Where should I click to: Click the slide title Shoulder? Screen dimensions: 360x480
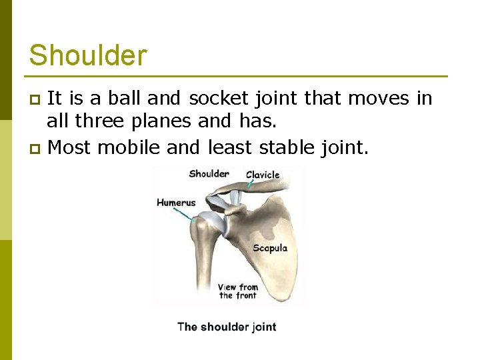(x=88, y=55)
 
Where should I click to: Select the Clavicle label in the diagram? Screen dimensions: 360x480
(x=263, y=175)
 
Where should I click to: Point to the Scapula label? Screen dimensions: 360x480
(x=270, y=248)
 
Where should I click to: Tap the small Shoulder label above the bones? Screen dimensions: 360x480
(x=209, y=174)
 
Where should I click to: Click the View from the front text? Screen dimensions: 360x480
(x=237, y=291)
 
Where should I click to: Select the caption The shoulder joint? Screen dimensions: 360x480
(x=226, y=327)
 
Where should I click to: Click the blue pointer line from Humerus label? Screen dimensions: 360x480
(x=185, y=213)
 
